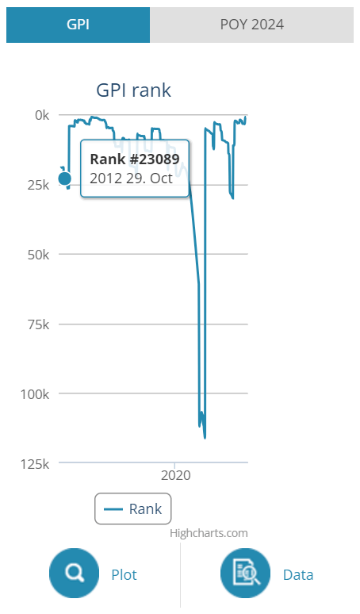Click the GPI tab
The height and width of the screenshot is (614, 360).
(78, 25)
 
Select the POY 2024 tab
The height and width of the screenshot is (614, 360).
(251, 25)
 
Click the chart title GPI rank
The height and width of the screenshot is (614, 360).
(133, 90)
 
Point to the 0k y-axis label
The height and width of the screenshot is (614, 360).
(42, 115)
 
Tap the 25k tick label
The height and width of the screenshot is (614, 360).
(38, 185)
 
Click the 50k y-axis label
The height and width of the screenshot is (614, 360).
(38, 255)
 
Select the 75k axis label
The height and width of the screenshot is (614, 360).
(38, 324)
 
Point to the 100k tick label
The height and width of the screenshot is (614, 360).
(35, 394)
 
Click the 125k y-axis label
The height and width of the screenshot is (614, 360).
(35, 463)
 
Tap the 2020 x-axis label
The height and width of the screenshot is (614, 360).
(176, 475)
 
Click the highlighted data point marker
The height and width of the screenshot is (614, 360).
(65, 178)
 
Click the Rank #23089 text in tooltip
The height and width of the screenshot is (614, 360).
(135, 159)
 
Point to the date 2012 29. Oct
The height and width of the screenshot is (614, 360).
(131, 178)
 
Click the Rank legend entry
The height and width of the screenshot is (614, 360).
(132, 508)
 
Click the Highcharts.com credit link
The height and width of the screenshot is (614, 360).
(209, 533)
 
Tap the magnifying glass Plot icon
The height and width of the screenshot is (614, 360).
(74, 573)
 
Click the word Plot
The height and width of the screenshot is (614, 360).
(124, 575)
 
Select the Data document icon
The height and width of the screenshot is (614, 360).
(245, 573)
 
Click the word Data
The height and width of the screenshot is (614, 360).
(298, 575)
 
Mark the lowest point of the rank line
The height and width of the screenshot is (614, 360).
(205, 438)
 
